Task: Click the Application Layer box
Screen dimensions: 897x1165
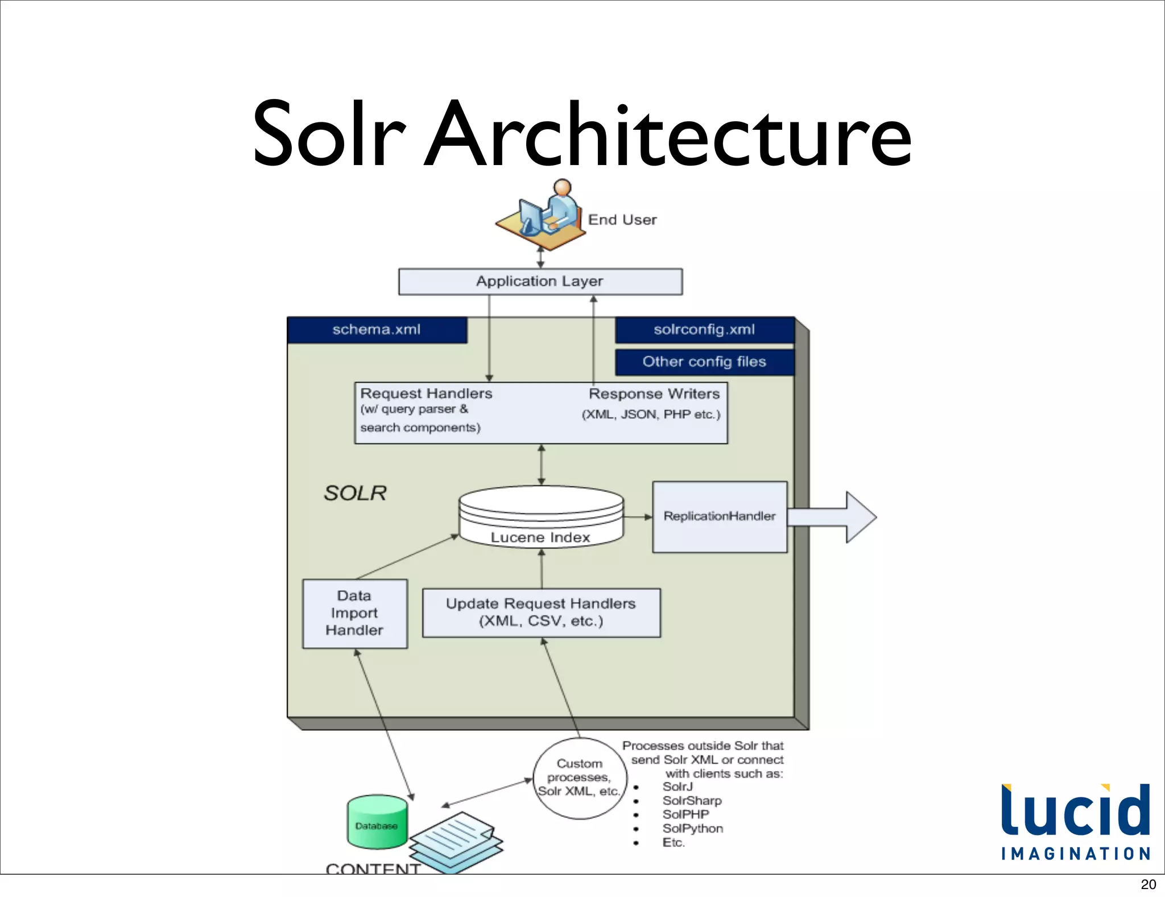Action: tap(540, 282)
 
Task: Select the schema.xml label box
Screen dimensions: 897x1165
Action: tap(377, 330)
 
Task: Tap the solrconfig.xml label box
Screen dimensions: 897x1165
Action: tap(704, 330)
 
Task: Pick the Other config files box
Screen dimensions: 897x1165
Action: tap(704, 362)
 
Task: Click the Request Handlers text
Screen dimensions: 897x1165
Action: tap(426, 394)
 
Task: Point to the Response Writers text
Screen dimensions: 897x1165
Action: tap(654, 394)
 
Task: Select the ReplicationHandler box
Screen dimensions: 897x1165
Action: tap(719, 517)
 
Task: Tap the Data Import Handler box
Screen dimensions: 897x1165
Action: tap(354, 614)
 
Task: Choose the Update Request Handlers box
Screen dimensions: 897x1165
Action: tap(541, 612)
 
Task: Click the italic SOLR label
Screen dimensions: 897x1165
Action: tap(355, 493)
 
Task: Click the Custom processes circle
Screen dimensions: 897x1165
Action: tap(579, 778)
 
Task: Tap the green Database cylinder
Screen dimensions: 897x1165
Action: tap(377, 822)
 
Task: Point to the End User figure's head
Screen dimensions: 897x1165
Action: tap(562, 187)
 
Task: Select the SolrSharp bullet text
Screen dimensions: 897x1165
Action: tap(692, 801)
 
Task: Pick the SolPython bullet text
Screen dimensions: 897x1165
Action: tap(692, 829)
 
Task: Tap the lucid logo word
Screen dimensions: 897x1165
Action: tap(1075, 811)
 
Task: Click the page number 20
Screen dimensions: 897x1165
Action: tap(1148, 884)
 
